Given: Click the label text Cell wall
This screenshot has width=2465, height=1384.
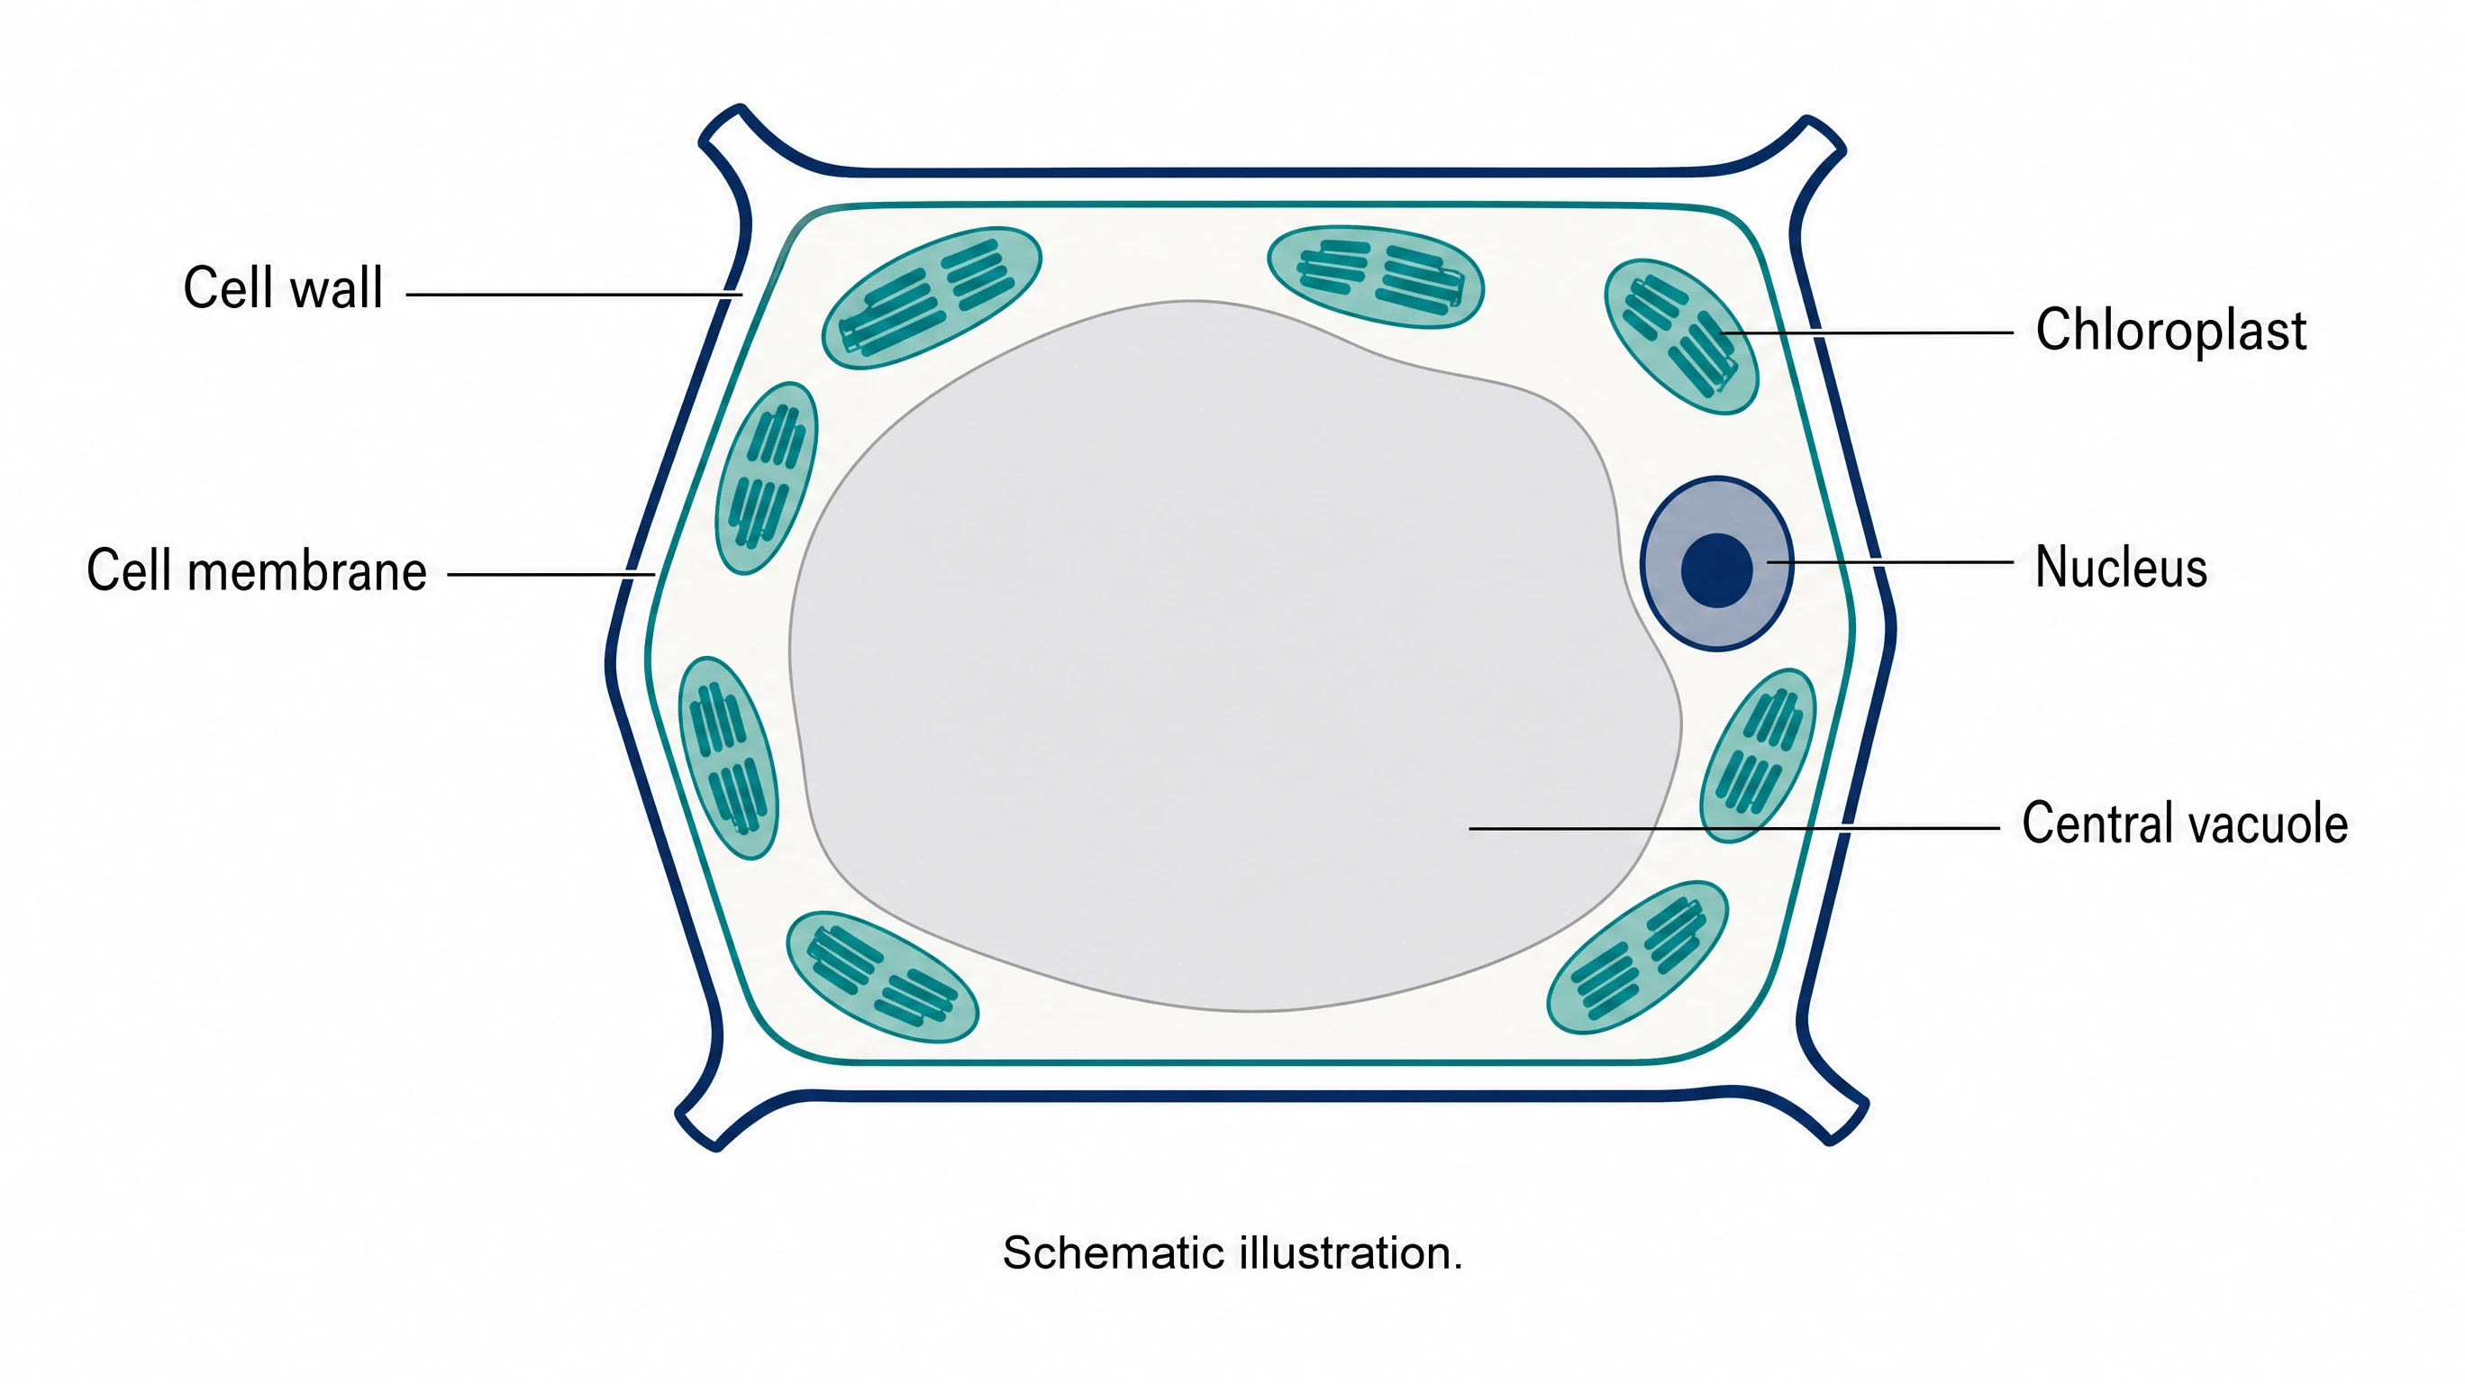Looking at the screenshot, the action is (283, 287).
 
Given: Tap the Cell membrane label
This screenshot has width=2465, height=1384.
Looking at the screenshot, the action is (257, 570).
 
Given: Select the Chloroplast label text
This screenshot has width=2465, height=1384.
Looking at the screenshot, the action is (2170, 330).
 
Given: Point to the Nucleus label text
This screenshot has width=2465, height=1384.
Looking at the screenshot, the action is (2121, 567).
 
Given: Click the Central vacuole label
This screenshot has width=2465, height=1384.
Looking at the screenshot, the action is (2185, 824).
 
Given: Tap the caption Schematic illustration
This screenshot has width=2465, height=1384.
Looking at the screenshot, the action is (1232, 1252).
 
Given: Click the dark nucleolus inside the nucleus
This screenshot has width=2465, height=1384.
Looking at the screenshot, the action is (1716, 570).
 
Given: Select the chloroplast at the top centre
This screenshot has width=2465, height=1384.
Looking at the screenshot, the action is (1375, 277).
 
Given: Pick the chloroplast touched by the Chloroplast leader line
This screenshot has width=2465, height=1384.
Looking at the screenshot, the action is (1681, 337).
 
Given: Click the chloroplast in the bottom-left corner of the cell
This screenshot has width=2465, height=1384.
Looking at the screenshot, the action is (882, 976).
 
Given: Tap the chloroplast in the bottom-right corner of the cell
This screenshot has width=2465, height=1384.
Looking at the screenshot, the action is (1637, 957).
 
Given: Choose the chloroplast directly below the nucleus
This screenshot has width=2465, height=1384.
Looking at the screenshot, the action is (1758, 755).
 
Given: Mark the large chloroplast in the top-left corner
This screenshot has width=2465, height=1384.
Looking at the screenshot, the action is (931, 297).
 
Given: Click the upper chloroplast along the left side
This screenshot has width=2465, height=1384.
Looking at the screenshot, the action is (767, 478).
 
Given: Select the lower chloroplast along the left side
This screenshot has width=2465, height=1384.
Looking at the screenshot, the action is (728, 758).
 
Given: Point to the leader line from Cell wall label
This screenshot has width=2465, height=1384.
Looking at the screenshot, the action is (574, 295).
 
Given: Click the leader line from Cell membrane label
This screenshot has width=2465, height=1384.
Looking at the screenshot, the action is (551, 575).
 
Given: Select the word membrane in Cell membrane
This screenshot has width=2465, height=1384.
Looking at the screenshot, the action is (307, 570).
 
